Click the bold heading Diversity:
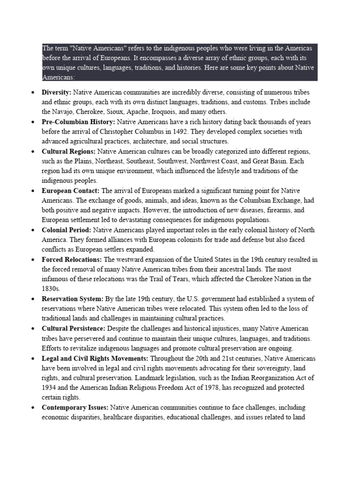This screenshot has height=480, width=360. click(56, 92)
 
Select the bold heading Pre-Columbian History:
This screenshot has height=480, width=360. click(77, 122)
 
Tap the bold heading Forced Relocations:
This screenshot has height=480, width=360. click(72, 259)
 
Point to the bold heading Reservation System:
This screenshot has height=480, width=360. click(73, 299)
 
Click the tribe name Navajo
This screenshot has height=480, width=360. click(66, 112)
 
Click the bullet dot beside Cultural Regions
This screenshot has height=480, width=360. click(33, 152)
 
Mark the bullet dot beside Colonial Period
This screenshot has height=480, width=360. click(33, 230)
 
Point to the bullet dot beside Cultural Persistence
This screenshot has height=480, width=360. click(33, 329)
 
